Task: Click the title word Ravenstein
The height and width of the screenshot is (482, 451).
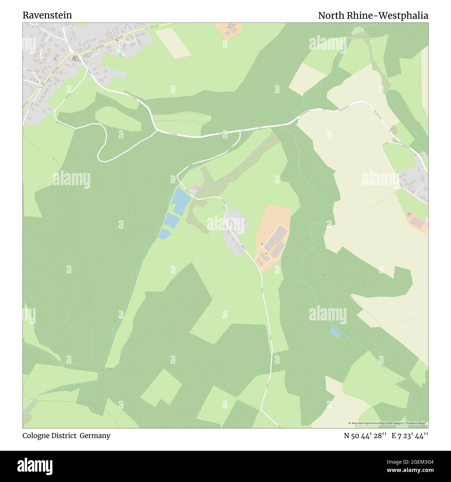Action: (48, 15)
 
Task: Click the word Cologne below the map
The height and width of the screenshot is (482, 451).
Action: (36, 436)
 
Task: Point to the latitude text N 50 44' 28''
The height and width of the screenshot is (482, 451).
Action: (365, 436)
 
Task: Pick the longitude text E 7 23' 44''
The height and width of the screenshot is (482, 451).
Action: (410, 436)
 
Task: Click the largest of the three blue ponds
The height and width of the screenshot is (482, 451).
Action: (180, 201)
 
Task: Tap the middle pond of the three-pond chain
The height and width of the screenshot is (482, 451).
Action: (171, 221)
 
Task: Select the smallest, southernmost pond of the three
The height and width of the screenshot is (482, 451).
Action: (164, 234)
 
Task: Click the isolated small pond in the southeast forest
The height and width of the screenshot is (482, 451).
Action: (334, 333)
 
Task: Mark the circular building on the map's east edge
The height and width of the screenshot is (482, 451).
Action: (410, 215)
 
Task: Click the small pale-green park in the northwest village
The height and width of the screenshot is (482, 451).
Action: (121, 53)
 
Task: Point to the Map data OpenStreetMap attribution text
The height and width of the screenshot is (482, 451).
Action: (388, 423)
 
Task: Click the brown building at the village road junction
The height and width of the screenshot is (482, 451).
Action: (75, 58)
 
